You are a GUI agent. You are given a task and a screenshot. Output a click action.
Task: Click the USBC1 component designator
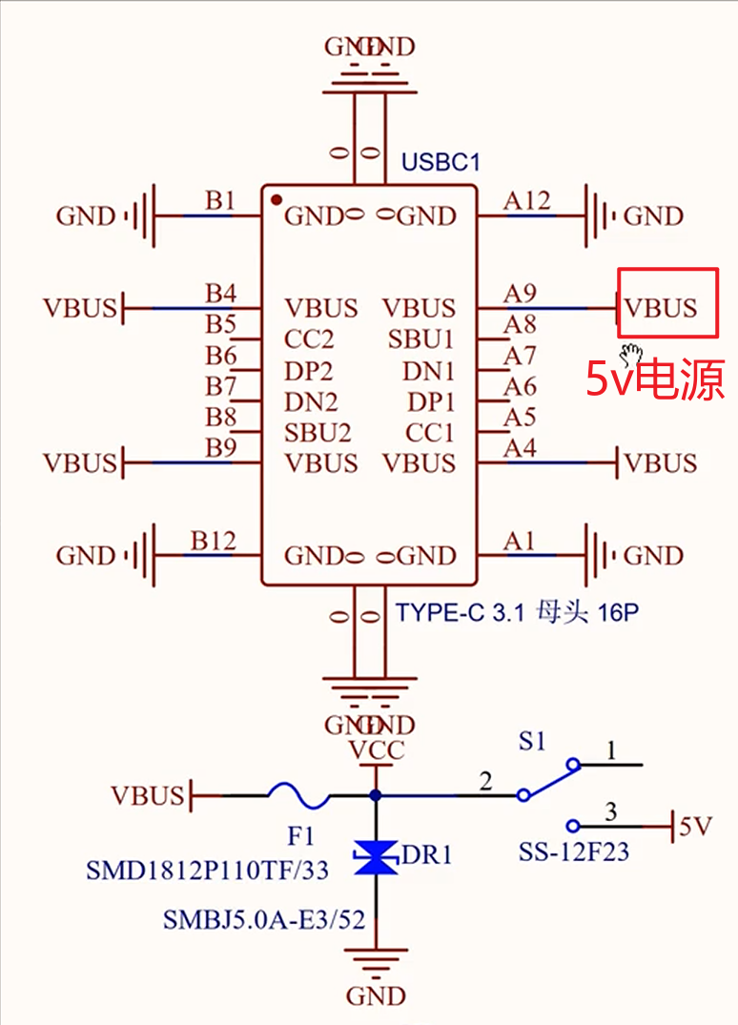[441, 161]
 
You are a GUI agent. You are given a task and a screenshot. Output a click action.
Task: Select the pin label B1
[219, 200]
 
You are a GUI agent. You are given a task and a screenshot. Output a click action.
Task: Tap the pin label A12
[526, 200]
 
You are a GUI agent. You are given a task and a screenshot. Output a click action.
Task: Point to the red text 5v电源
[654, 379]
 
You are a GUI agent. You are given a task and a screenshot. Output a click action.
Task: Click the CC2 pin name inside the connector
[309, 339]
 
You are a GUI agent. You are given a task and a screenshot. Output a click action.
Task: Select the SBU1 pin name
[421, 339]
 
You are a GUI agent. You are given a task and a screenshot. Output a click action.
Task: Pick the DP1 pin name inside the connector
[431, 401]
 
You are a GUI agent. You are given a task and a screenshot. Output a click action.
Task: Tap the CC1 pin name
[430, 433]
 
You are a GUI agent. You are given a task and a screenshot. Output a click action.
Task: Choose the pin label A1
[519, 541]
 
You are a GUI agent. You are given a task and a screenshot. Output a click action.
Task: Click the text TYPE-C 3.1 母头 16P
[517, 612]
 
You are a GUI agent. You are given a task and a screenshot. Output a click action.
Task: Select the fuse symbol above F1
[297, 793]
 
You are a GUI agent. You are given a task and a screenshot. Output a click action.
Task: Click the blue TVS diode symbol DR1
[376, 857]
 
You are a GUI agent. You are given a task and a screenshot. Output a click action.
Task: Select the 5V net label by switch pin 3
[695, 827]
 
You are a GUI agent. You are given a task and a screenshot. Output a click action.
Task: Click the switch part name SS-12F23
[574, 851]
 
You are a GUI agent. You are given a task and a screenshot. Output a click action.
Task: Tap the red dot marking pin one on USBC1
[276, 200]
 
